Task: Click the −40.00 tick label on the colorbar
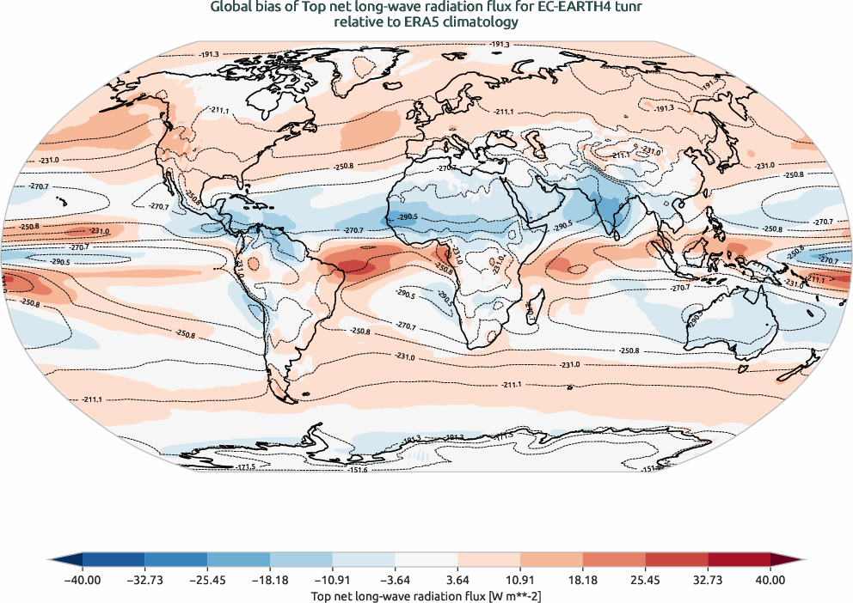[83, 580]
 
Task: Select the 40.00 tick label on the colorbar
[770, 580]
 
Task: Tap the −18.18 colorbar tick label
[270, 580]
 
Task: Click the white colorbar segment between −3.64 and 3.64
[426, 562]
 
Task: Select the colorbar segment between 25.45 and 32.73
[676, 562]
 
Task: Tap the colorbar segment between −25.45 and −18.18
[238, 562]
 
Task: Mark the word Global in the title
[230, 7]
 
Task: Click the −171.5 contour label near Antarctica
[247, 466]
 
